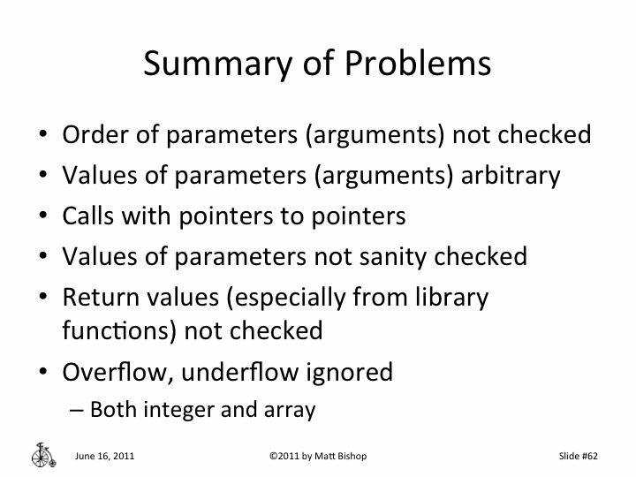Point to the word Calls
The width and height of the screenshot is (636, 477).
87,216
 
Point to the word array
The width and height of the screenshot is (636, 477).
291,410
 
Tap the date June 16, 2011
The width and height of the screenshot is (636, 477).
105,457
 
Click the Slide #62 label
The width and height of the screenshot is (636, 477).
579,457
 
